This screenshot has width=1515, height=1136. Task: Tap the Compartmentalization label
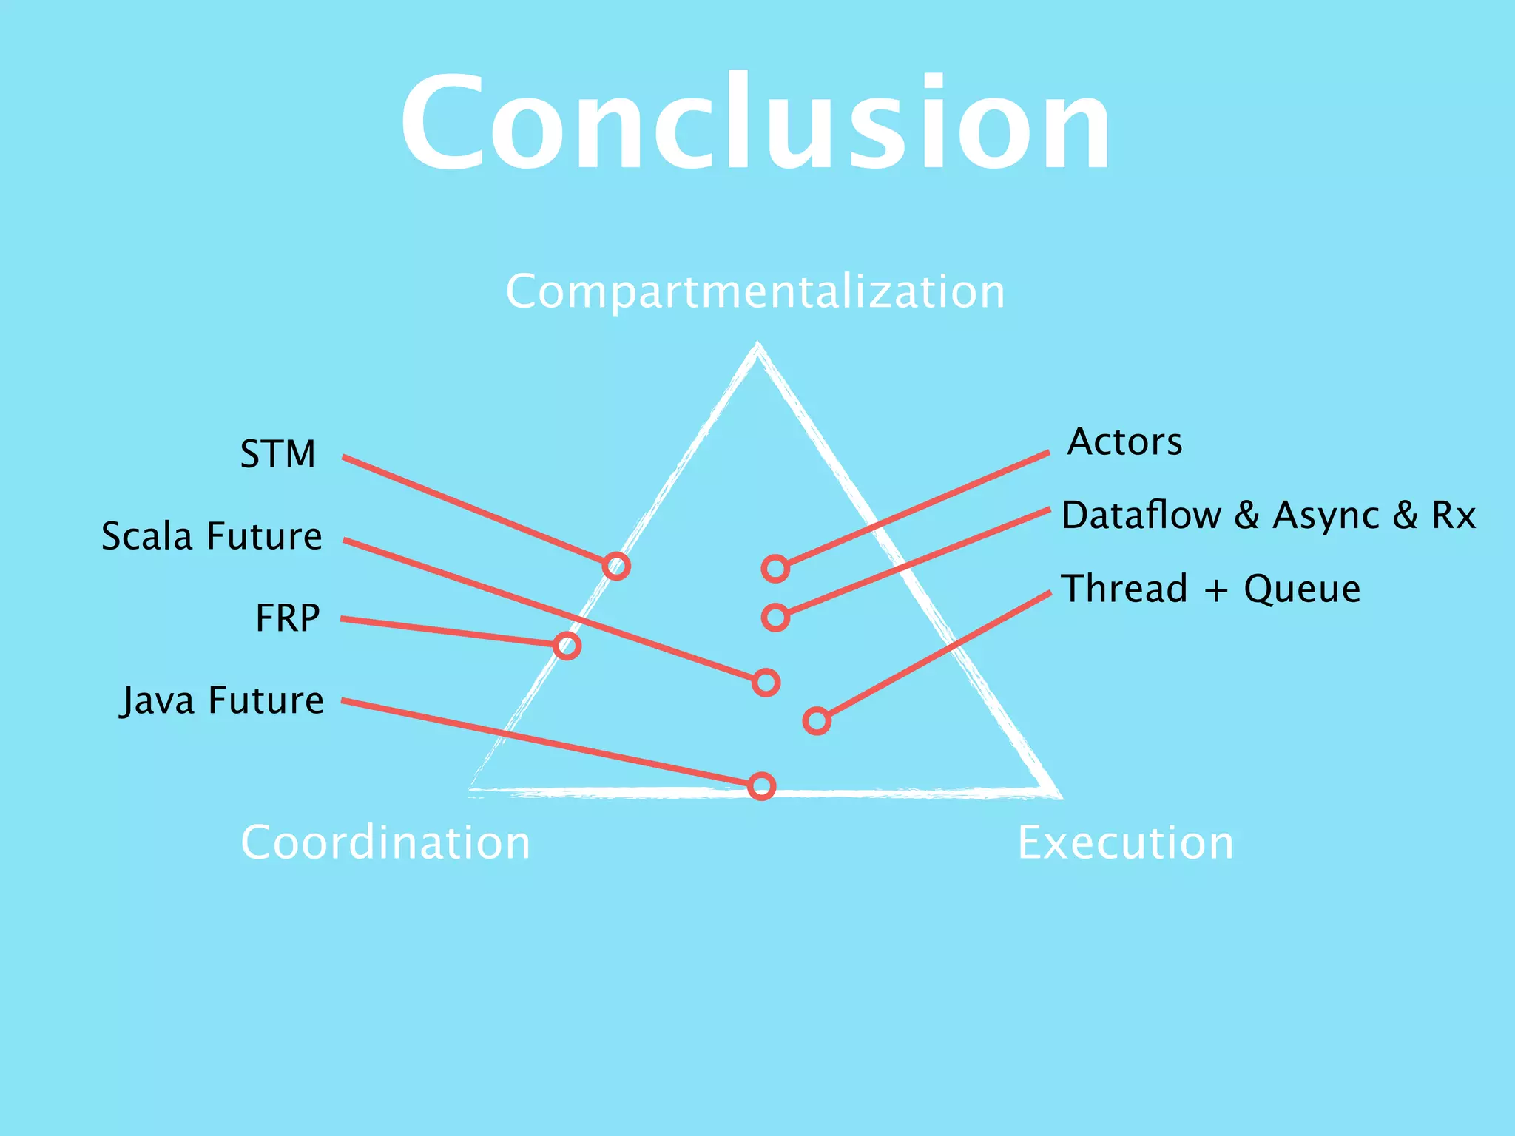point(755,291)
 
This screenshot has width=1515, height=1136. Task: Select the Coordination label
point(385,842)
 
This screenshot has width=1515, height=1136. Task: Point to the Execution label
point(1125,842)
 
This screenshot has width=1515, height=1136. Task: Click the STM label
point(278,454)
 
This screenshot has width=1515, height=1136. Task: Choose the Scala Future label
point(212,536)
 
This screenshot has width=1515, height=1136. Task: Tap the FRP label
point(288,618)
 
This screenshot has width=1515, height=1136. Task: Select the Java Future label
point(222,700)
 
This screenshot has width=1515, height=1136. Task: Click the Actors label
point(1124,442)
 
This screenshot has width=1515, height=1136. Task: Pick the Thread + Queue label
point(1211,589)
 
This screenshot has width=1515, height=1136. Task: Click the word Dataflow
point(1141,515)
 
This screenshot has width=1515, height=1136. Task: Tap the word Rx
point(1454,515)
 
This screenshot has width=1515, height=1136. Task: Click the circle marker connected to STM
point(616,567)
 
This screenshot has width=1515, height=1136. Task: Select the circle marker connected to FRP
point(567,646)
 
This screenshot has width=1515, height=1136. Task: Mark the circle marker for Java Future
point(761,786)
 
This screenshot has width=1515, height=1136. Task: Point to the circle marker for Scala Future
point(766,682)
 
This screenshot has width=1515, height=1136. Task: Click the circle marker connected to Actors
point(775,569)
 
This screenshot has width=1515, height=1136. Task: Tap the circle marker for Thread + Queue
point(817,720)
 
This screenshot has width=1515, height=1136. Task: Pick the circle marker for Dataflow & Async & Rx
point(775,617)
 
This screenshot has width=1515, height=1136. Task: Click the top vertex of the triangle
point(757,346)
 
